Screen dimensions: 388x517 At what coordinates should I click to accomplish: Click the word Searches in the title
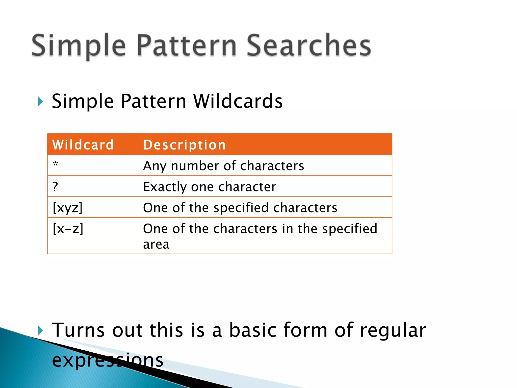(308, 45)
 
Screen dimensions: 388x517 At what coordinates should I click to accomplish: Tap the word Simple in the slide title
(79, 45)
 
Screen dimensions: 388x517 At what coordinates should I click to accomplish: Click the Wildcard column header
(83, 145)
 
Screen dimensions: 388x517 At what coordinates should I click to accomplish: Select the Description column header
(184, 145)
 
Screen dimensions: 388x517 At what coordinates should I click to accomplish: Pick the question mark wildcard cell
(55, 187)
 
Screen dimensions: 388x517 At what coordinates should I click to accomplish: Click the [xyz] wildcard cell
(68, 208)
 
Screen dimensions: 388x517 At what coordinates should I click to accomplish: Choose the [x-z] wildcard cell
(68, 229)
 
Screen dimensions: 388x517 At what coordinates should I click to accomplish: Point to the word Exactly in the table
(165, 187)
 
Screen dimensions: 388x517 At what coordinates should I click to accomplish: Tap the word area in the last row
(156, 245)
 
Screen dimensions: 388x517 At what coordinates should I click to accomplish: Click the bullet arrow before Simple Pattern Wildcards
(40, 101)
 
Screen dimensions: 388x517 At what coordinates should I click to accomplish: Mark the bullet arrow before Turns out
(40, 330)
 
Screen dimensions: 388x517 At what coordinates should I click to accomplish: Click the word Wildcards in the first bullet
(238, 101)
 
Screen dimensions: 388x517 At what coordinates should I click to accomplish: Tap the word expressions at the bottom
(108, 360)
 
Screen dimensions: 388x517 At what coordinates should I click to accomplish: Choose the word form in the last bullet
(305, 330)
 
